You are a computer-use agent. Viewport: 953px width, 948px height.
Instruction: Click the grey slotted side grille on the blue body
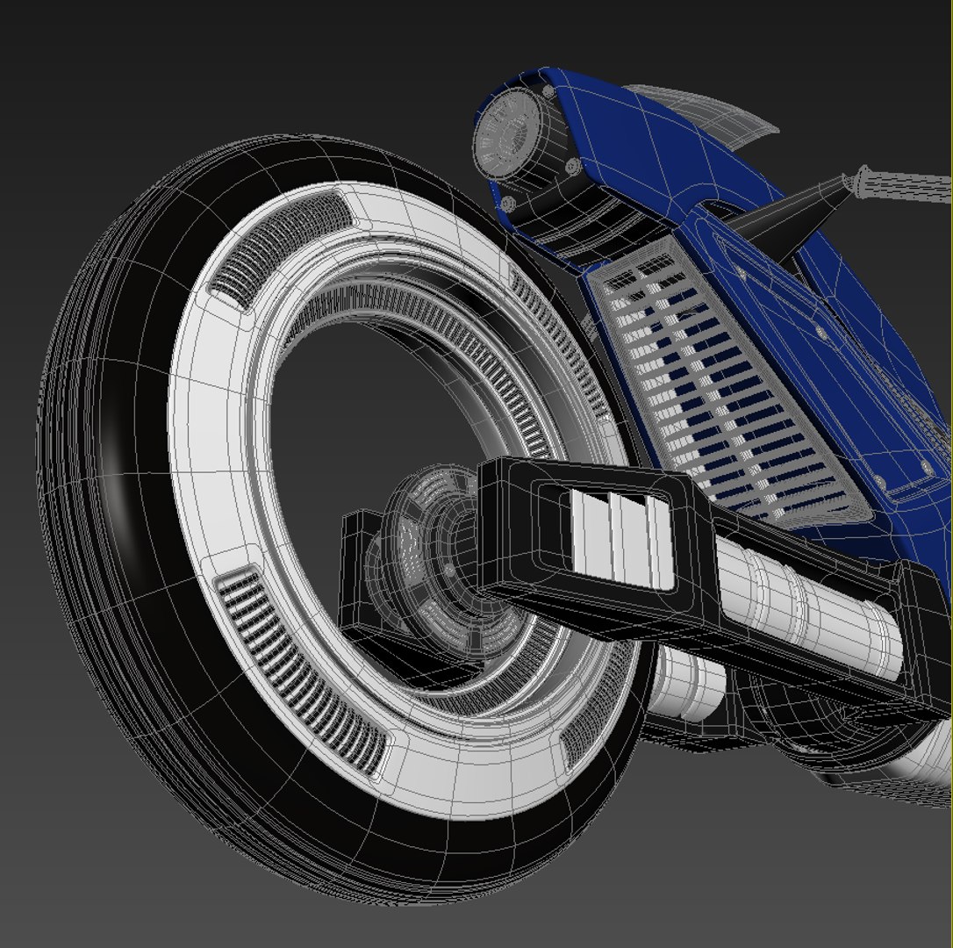coord(711,386)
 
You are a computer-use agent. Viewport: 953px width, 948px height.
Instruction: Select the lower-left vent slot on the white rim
coord(298,667)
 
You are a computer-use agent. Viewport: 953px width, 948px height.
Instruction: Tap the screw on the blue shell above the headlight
coord(548,90)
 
